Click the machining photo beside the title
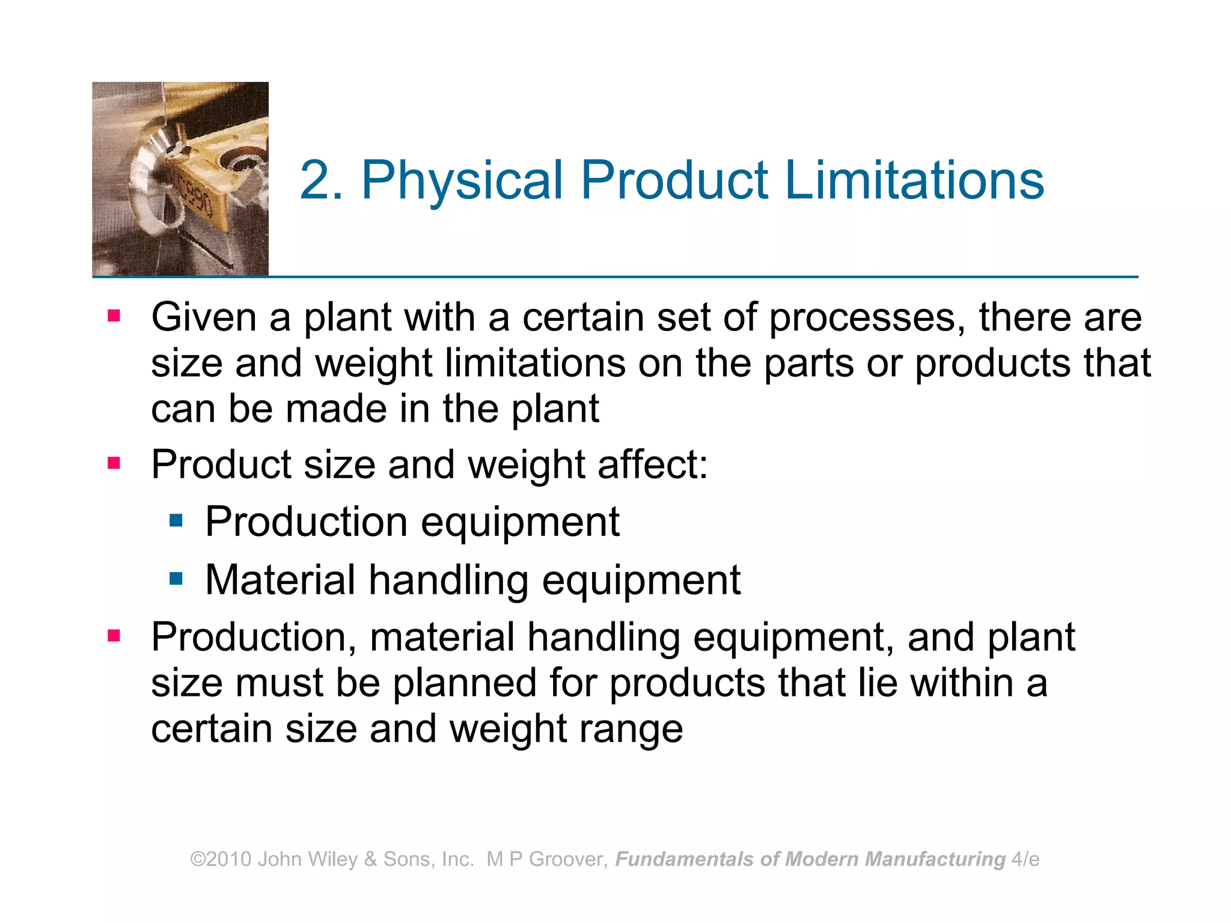click(180, 178)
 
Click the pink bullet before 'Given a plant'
click(114, 315)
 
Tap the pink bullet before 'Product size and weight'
click(114, 463)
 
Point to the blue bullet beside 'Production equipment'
click(176, 520)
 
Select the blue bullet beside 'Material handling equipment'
click(176, 579)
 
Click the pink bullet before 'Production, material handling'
click(114, 636)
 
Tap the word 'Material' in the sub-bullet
click(280, 580)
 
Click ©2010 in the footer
click(221, 859)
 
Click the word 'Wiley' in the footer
click(332, 859)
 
